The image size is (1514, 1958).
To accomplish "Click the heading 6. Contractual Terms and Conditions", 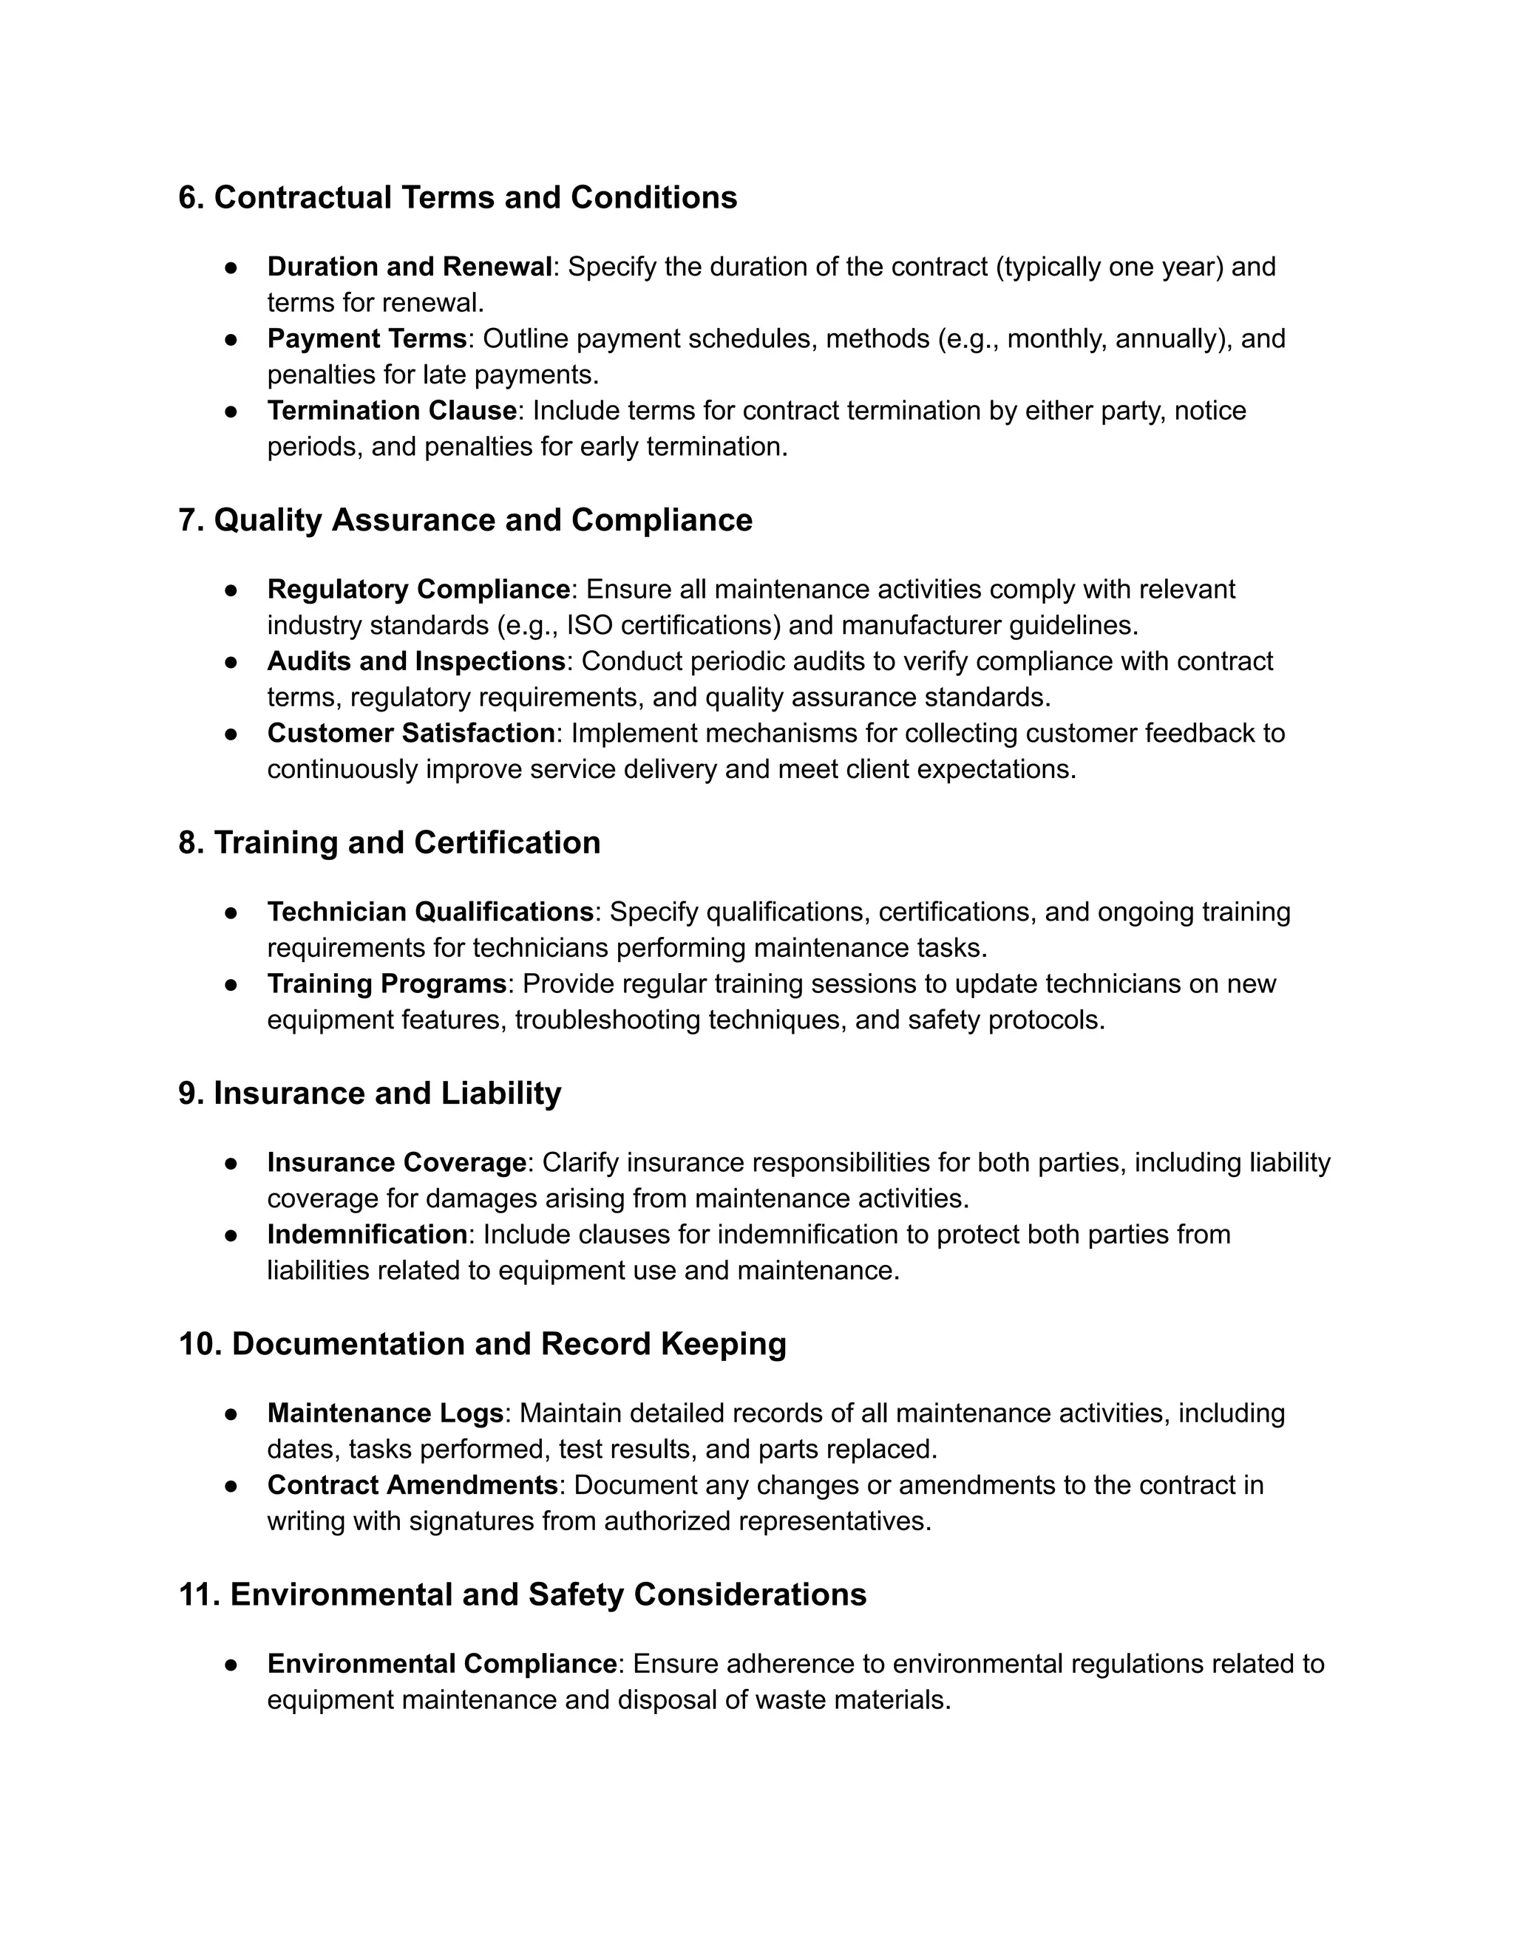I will point(458,197).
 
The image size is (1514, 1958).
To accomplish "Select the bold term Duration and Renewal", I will point(409,267).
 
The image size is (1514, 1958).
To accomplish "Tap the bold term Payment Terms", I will point(367,339).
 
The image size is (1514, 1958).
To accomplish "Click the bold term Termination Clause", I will point(392,411).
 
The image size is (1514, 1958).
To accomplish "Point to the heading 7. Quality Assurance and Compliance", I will point(464,520).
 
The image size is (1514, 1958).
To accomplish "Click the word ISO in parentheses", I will point(590,626).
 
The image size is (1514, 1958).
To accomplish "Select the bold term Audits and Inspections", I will point(416,661).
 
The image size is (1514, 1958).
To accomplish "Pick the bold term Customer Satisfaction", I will point(411,734).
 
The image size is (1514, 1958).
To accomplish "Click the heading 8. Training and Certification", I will point(390,843).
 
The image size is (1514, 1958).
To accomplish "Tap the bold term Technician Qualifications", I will point(430,912).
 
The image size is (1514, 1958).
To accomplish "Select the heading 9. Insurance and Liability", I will point(370,1094).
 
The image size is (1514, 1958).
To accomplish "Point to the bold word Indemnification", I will point(367,1235).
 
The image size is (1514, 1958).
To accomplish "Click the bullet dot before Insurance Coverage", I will point(231,1164).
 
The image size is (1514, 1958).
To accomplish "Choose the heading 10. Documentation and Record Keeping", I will point(482,1344).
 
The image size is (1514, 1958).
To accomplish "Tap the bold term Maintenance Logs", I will point(384,1413).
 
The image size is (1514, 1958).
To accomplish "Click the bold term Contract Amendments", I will point(413,1486).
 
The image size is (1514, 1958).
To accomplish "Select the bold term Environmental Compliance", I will point(441,1664).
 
